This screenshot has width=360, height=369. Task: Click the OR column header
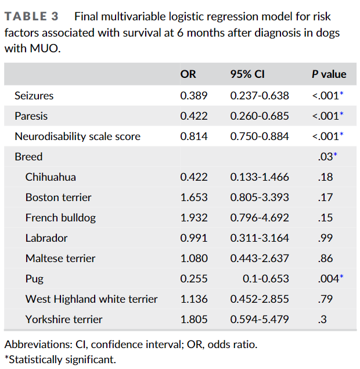188,74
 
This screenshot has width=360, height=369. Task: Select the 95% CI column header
248,74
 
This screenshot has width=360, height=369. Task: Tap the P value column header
329,74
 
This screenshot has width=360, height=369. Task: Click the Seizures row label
34,95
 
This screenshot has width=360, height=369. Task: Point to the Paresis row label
31,116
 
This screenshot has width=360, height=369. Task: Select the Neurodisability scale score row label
77,136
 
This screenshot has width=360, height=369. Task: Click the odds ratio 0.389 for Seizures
193,95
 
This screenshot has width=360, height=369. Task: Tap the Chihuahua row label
51,177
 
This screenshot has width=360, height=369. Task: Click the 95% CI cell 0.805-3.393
260,197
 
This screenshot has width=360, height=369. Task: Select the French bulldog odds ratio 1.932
193,217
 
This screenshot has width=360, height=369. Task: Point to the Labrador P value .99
325,238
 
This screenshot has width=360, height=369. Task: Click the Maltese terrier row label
60,258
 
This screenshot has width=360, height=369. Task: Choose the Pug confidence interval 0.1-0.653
265,278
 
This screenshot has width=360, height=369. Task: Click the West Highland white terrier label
91,299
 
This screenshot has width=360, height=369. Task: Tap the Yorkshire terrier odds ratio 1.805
193,319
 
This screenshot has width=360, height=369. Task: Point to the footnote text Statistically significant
60,359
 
